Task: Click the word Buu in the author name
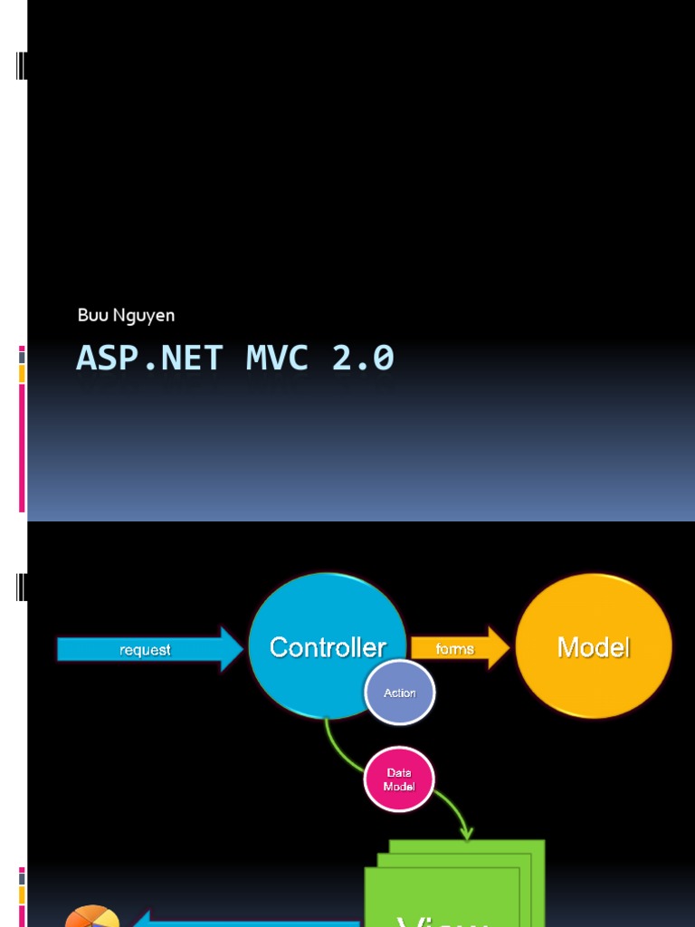click(x=90, y=316)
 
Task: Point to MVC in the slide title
click(x=276, y=358)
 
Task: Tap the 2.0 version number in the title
click(x=363, y=358)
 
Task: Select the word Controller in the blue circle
click(x=328, y=647)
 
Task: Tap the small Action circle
click(x=400, y=693)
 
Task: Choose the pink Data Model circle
click(x=399, y=779)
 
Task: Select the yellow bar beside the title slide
click(x=22, y=374)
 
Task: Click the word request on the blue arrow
click(x=145, y=650)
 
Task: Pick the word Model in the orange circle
click(x=594, y=647)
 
